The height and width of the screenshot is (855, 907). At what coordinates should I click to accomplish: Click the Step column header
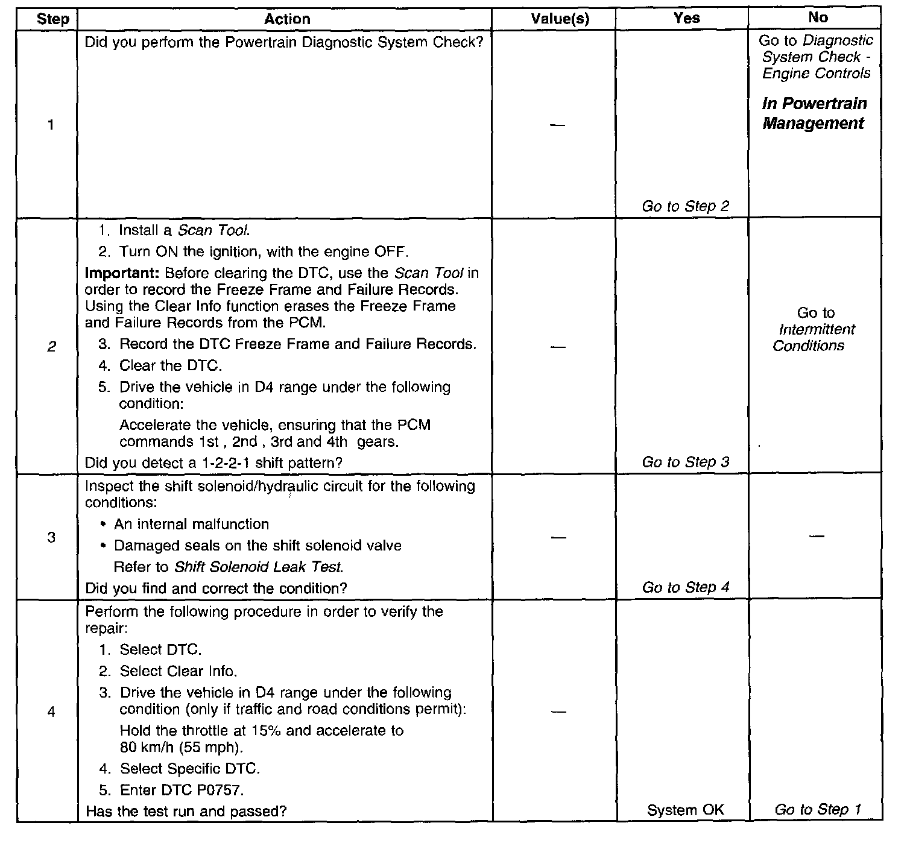52,19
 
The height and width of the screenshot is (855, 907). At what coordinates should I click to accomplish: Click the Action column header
287,19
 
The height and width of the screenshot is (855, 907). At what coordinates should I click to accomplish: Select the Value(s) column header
560,19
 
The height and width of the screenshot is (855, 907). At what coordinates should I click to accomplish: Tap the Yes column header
686,18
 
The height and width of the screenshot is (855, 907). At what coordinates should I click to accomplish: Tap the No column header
818,17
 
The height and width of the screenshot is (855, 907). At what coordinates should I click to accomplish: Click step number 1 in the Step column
51,125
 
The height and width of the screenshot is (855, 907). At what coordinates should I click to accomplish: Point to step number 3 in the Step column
51,537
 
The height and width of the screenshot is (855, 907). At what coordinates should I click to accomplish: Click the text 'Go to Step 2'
686,206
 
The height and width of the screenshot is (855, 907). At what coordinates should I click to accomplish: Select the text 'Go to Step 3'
686,462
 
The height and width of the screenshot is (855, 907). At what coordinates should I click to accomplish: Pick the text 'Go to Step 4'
686,587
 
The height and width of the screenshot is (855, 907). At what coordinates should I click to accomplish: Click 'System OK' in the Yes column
686,810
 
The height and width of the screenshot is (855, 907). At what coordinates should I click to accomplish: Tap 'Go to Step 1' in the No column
818,810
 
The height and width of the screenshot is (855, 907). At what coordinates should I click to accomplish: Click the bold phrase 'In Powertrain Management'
815,113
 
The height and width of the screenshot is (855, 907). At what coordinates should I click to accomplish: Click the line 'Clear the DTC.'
171,365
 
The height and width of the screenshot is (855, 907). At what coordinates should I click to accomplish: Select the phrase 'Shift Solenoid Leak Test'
258,567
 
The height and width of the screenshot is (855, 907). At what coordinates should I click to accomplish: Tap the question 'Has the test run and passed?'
186,812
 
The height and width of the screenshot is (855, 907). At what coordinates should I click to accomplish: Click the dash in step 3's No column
816,535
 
